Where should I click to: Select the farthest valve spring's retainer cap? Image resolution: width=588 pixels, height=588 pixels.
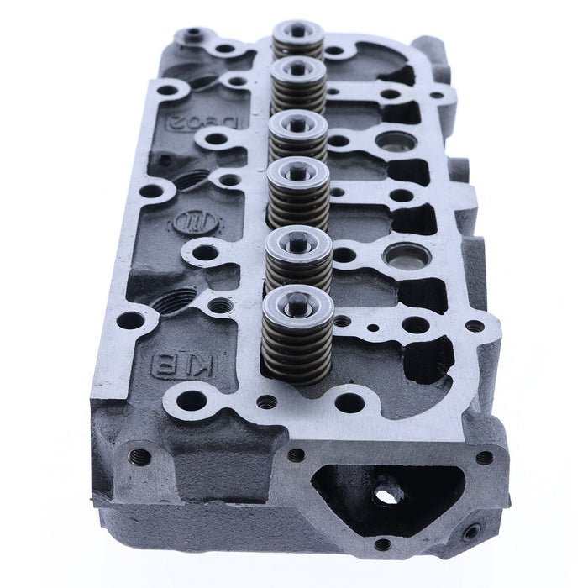click(x=298, y=32)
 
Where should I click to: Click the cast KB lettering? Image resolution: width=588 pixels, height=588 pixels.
click(x=167, y=364)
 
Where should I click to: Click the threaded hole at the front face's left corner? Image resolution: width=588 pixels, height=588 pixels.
click(x=140, y=457)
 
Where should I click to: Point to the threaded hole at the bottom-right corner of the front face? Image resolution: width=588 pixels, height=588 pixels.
click(x=471, y=531)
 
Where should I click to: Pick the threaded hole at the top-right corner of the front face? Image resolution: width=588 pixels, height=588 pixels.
click(x=485, y=457)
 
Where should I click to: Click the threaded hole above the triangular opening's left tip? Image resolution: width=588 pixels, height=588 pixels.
click(x=297, y=454)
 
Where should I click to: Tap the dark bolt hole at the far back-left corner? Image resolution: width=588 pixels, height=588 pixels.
click(x=194, y=34)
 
